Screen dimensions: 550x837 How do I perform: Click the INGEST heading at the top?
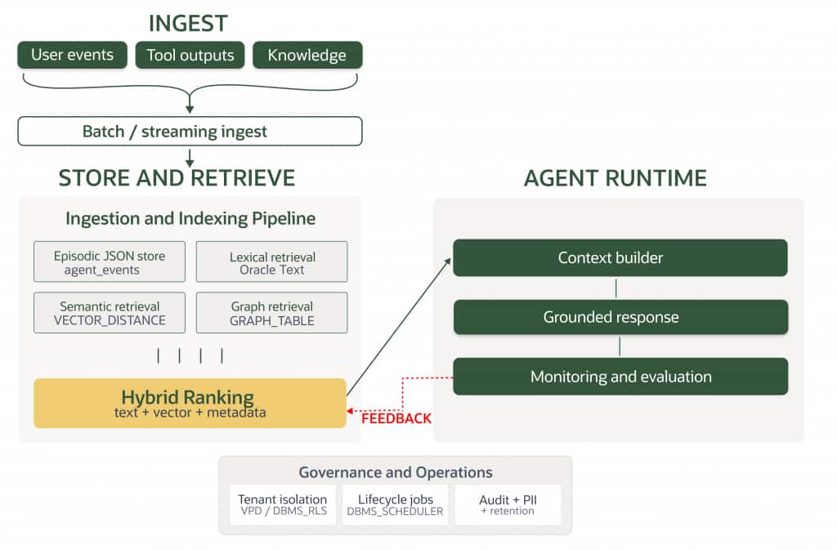[x=188, y=23]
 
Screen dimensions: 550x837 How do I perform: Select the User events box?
[x=73, y=56]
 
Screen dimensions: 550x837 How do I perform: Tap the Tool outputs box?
[x=190, y=56]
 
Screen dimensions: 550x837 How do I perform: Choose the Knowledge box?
[x=307, y=56]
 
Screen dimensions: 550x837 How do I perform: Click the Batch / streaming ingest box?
[x=190, y=131]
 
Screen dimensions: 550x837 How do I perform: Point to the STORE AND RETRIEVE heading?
[x=177, y=177]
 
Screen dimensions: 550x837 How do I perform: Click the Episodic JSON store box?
[x=110, y=262]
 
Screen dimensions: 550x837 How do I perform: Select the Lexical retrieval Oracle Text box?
[x=271, y=262]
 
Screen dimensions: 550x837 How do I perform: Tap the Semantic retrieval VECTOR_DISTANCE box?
[x=110, y=313]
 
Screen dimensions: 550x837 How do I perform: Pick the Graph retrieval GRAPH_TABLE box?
[x=271, y=313]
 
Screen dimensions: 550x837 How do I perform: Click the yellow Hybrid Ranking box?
[x=190, y=403]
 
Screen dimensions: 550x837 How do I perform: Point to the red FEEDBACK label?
[x=396, y=419]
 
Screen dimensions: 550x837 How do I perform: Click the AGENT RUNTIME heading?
[x=615, y=177]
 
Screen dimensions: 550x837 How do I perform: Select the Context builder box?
[x=620, y=257]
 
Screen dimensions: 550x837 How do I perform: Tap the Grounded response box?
[x=620, y=317]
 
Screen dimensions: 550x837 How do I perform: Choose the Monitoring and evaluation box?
[x=620, y=377]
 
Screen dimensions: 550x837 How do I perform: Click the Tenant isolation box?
[x=282, y=504]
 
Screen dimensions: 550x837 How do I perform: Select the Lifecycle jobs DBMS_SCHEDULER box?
[x=395, y=504]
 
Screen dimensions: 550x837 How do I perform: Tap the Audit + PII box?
[x=508, y=504]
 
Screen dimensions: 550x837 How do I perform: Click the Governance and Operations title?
[x=395, y=472]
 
